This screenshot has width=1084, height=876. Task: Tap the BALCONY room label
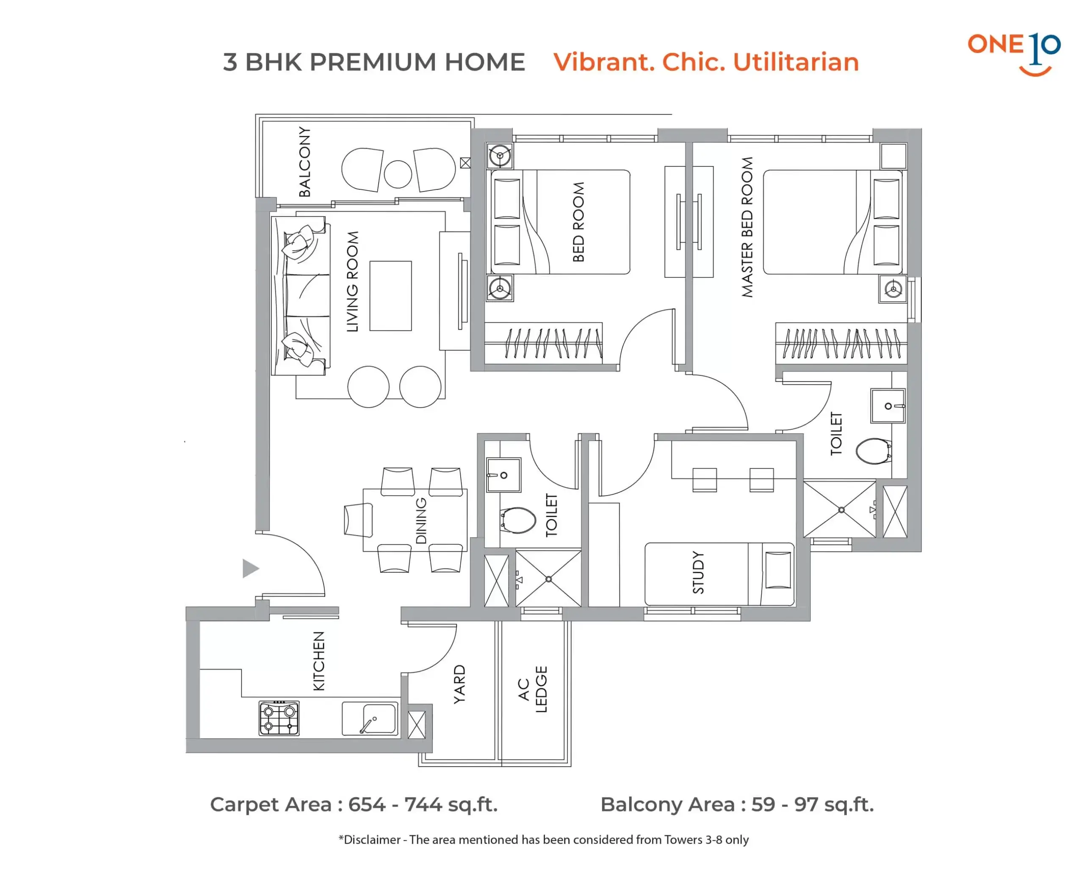pyautogui.click(x=305, y=161)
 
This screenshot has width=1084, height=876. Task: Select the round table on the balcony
pyautogui.click(x=398, y=174)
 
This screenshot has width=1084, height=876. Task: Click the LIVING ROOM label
pyautogui.click(x=352, y=281)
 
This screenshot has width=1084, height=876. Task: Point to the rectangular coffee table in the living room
pyautogui.click(x=390, y=296)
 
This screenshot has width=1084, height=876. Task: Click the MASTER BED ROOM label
pyautogui.click(x=747, y=227)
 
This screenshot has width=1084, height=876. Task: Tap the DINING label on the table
pyautogui.click(x=421, y=520)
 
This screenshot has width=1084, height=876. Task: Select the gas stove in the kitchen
pyautogui.click(x=279, y=718)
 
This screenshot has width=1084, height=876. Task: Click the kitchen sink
pyautogui.click(x=370, y=718)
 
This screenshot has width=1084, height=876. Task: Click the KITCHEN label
pyautogui.click(x=319, y=661)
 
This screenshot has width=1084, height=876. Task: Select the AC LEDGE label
pyautogui.click(x=532, y=689)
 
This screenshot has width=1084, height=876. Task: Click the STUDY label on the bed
pyautogui.click(x=698, y=572)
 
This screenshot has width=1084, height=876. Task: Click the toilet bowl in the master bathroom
pyautogui.click(x=874, y=451)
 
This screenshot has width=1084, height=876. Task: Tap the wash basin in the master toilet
pyautogui.click(x=888, y=406)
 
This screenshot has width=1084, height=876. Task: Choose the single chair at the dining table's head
pyautogui.click(x=358, y=519)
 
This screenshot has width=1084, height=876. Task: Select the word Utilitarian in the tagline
pyautogui.click(x=796, y=62)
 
